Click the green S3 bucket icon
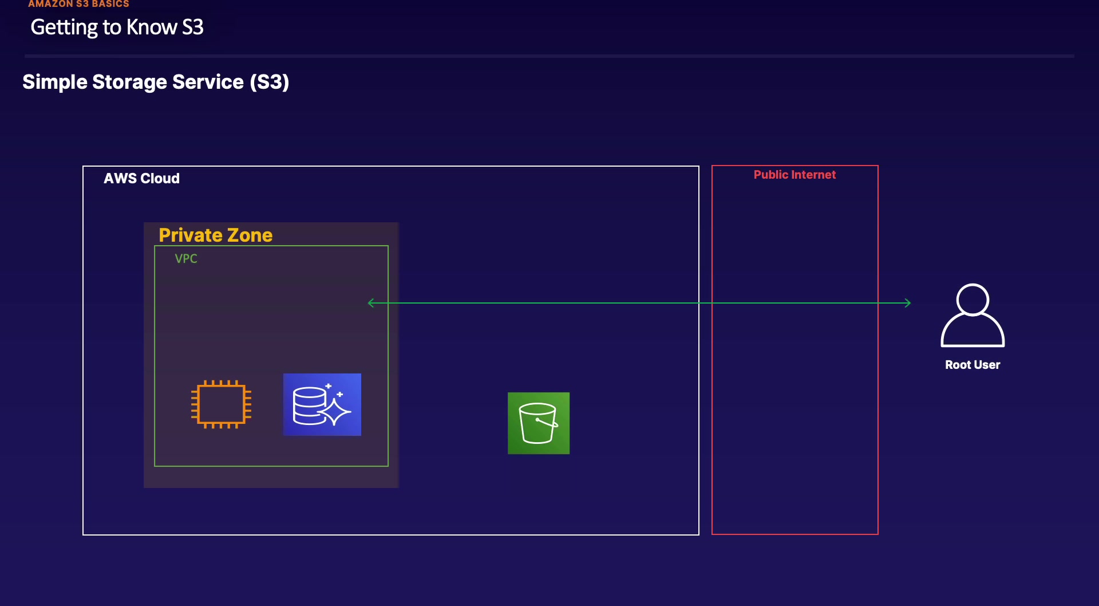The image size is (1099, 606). pos(538,423)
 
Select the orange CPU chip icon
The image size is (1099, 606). pos(221,404)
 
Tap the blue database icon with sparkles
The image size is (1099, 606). pos(322,404)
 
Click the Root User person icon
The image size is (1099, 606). pos(973,316)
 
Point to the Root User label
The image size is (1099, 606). pos(973,365)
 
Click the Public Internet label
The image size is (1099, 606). pos(794,175)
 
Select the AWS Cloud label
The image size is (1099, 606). pos(141,179)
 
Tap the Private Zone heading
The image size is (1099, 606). pos(215,235)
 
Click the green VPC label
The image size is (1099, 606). pos(186,259)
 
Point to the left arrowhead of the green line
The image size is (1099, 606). pos(371,303)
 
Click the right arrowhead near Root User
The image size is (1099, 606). pos(907,303)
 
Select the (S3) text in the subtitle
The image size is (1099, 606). pos(269,82)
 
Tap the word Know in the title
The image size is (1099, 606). pos(152,27)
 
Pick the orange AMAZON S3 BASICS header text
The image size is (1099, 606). pos(78,4)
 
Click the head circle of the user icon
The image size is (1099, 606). pos(973,299)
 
